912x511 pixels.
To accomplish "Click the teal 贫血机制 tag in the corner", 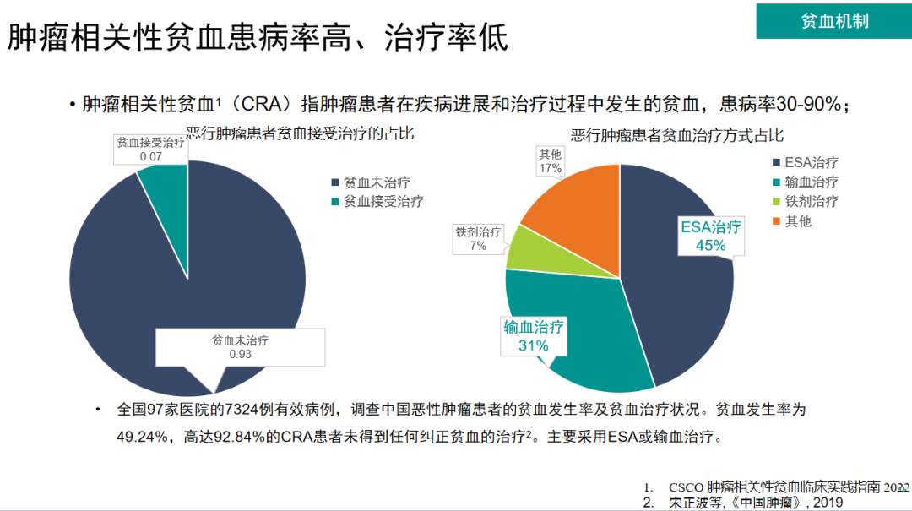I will [834, 20].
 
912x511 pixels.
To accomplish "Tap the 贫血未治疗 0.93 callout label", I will [240, 347].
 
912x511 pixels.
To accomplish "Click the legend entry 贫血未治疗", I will [377, 182].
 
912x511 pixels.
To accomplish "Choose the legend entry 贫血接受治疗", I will [383, 201].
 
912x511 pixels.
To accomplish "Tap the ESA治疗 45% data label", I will [711, 236].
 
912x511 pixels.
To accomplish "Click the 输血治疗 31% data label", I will [534, 336].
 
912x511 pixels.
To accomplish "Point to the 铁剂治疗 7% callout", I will [478, 239].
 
